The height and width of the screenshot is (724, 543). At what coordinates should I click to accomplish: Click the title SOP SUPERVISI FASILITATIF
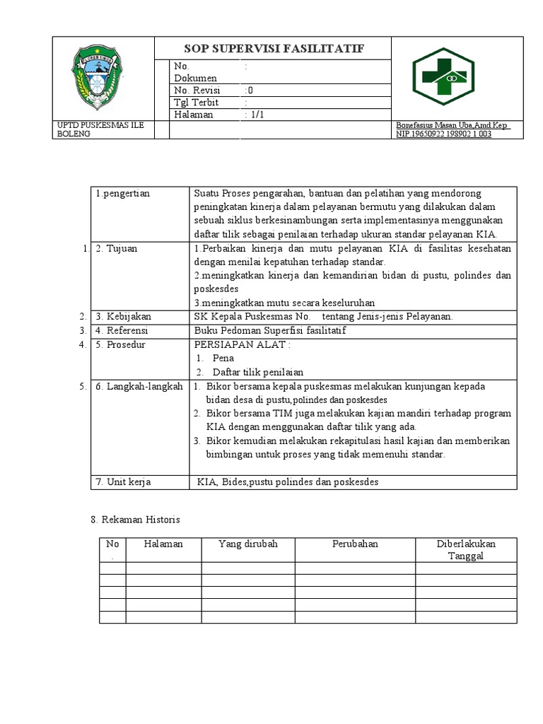click(x=273, y=48)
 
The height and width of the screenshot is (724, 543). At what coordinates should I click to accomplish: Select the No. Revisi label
click(x=197, y=90)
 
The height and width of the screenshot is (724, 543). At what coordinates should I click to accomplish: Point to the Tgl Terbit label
click(x=196, y=103)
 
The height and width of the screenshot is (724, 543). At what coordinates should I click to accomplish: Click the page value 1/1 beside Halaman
click(x=254, y=115)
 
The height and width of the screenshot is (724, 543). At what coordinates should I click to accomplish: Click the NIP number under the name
click(x=443, y=134)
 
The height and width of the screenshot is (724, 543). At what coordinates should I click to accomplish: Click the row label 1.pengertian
click(x=123, y=194)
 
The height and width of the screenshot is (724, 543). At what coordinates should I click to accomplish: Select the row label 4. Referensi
click(x=124, y=330)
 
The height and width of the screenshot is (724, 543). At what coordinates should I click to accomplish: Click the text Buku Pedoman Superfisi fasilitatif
click(x=269, y=330)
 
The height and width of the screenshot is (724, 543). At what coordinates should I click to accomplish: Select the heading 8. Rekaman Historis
click(x=136, y=520)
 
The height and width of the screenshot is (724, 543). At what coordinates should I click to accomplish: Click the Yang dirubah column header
click(x=248, y=544)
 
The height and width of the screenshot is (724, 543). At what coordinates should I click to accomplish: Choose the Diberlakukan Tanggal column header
click(x=465, y=550)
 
